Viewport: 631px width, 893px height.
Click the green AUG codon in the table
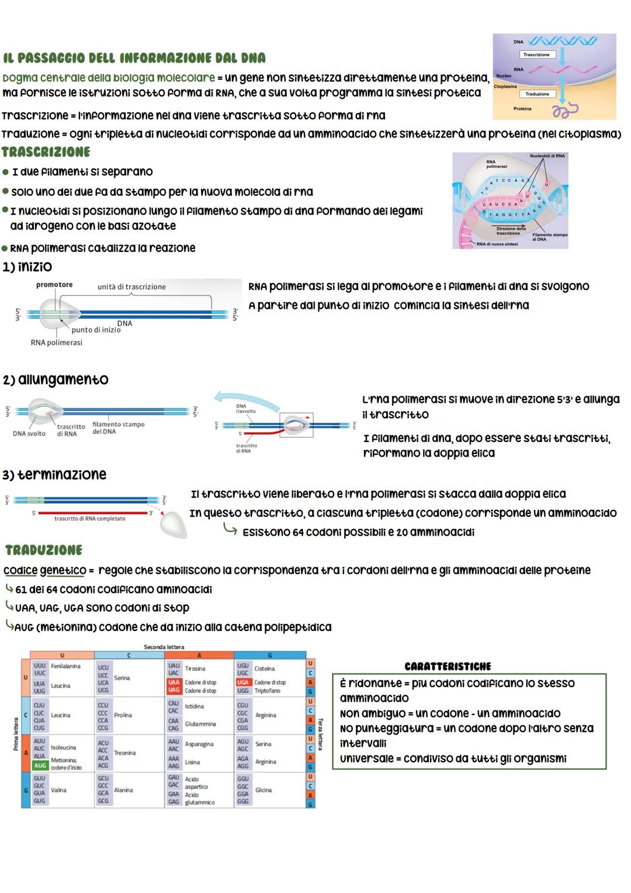coord(40,765)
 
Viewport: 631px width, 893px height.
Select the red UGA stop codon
coord(243,682)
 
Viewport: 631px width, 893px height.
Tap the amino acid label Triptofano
coord(268,691)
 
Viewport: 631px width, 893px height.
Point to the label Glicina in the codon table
coord(264,790)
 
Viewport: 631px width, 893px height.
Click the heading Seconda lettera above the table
coord(164,647)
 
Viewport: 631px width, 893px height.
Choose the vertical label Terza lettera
coord(320,735)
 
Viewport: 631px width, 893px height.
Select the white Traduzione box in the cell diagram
coord(537,94)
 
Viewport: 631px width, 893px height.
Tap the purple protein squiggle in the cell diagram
coord(565,110)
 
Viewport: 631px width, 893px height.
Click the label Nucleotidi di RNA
coord(547,156)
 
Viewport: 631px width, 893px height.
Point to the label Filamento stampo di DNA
coord(549,237)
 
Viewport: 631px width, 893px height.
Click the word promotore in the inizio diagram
coord(54,285)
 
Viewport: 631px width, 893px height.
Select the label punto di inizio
coord(96,330)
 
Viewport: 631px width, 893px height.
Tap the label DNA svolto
coord(29,433)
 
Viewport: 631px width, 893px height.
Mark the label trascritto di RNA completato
coord(89,519)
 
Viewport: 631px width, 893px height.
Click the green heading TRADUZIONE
coord(44,550)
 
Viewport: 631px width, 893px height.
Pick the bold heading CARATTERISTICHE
coord(448,666)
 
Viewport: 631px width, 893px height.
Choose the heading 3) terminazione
coord(54,474)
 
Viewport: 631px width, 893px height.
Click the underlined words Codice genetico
coord(44,570)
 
